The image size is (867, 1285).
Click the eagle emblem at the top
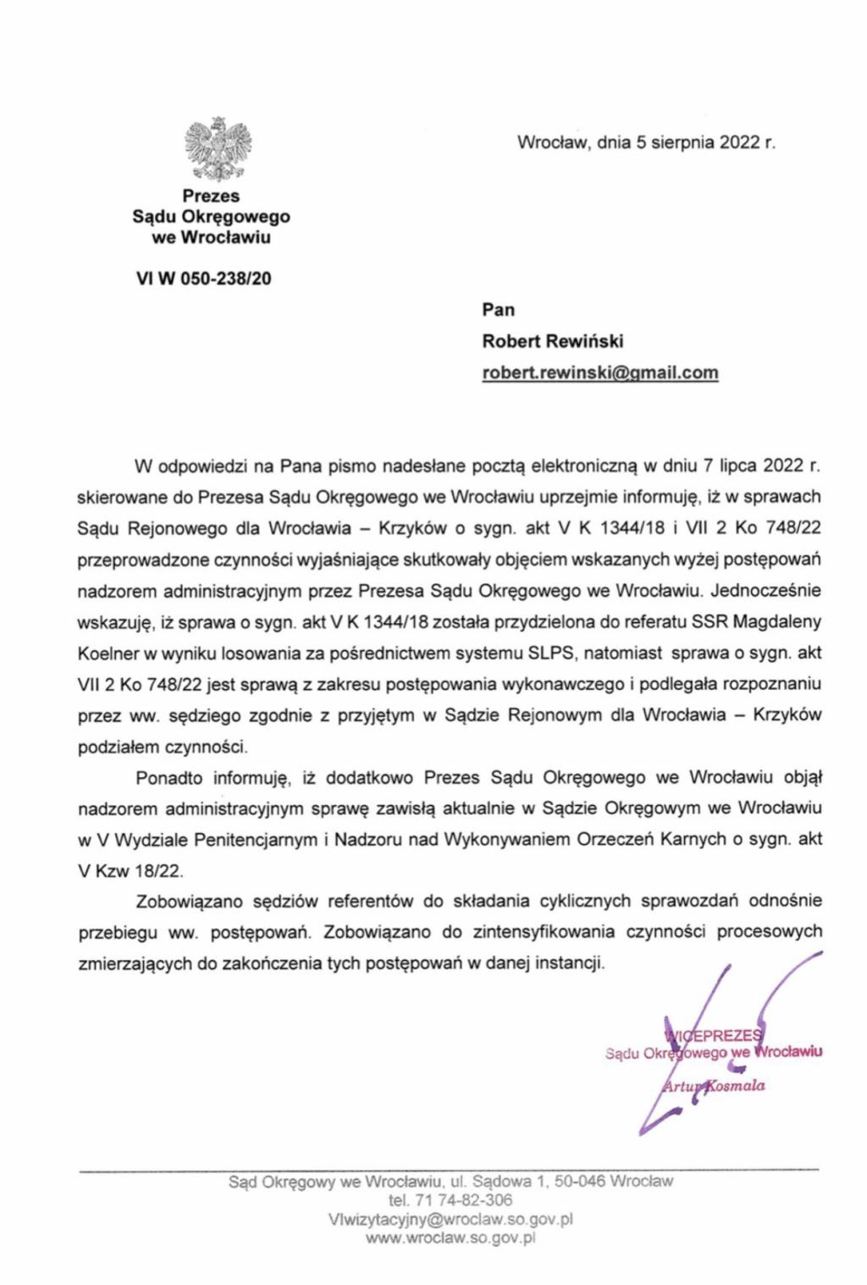point(218,150)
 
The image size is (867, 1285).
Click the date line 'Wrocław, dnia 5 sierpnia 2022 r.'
point(646,142)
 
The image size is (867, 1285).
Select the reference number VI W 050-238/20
point(204,279)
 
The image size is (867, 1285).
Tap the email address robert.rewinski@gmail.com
point(600,372)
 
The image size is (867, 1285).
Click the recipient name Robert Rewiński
point(553,341)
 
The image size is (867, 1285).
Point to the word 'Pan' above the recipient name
point(499,310)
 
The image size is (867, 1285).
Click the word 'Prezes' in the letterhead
point(211,196)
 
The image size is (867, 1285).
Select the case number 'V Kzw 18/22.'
point(130,870)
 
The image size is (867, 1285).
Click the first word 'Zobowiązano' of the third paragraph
point(189,901)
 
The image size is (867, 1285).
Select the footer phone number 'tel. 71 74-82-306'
point(450,1200)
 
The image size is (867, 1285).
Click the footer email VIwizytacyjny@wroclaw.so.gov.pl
point(450,1220)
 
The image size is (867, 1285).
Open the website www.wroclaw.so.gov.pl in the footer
point(450,1238)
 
